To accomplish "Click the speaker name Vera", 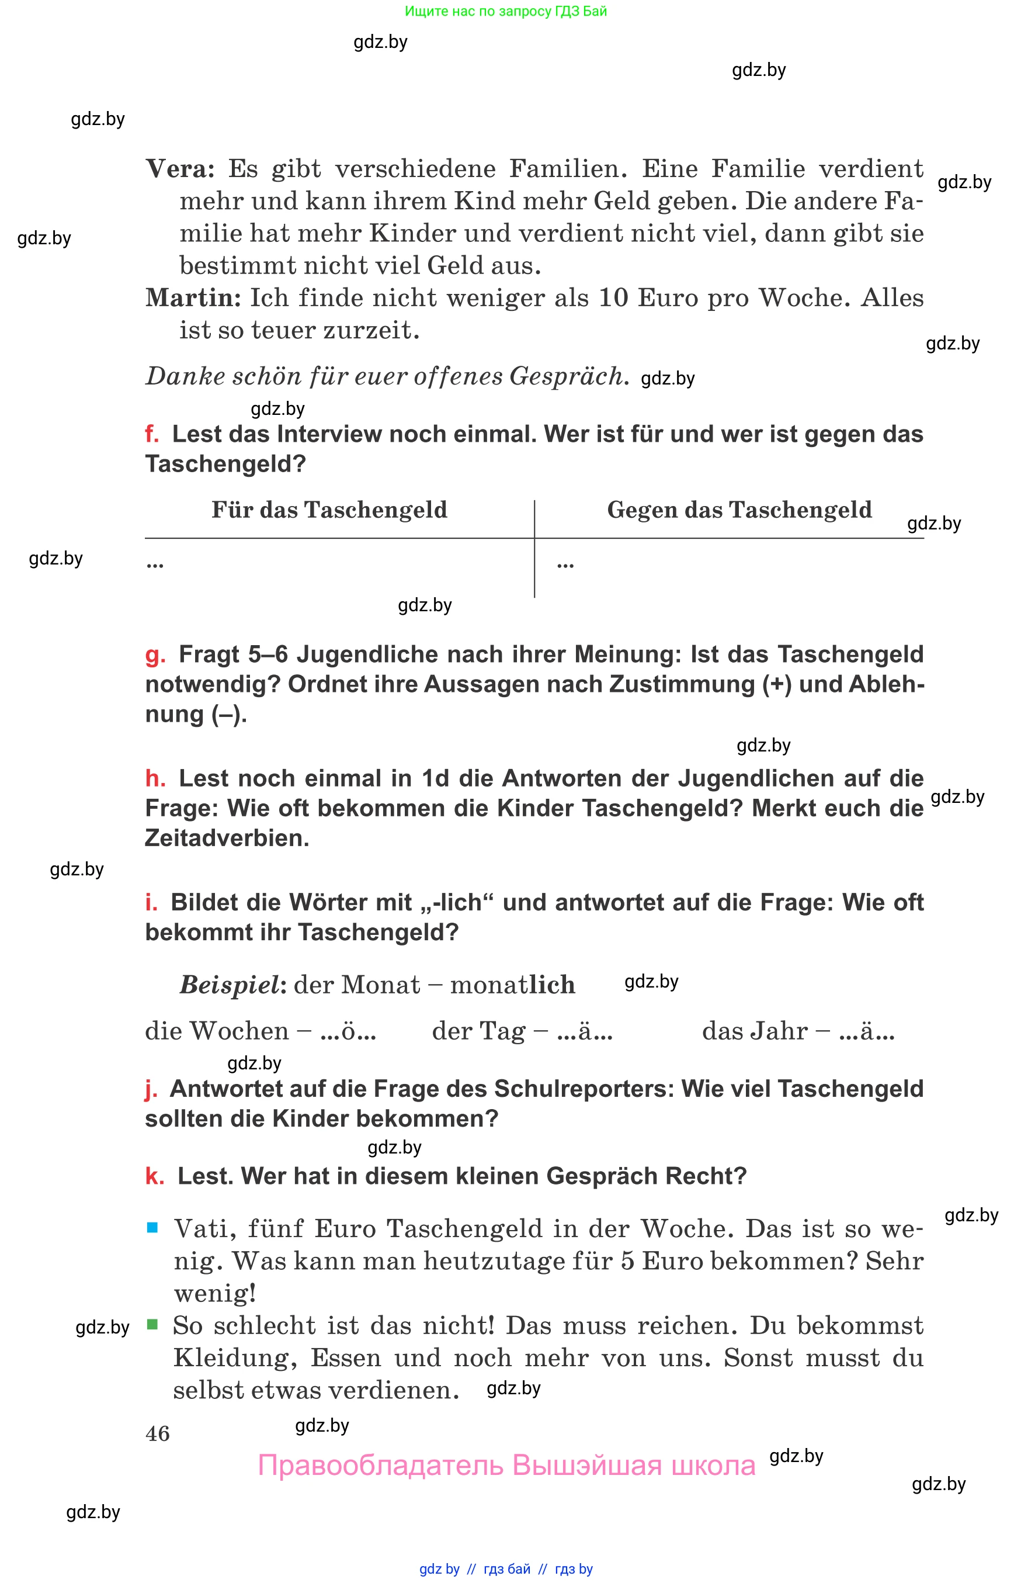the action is coord(179,169).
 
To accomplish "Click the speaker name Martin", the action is coord(193,298).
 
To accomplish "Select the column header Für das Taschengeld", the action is coord(329,510).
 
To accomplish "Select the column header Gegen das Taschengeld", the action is coord(739,510).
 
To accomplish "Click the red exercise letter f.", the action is coord(151,434).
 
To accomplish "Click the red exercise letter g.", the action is coord(154,656).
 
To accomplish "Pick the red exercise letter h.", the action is coord(155,779).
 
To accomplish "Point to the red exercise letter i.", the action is coord(151,902).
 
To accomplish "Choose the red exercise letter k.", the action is coord(154,1176).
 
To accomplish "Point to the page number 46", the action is coord(157,1433).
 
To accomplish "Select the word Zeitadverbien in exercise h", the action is coord(227,839).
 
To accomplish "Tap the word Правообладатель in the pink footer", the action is coord(381,1466).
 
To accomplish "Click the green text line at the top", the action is coord(506,11).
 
